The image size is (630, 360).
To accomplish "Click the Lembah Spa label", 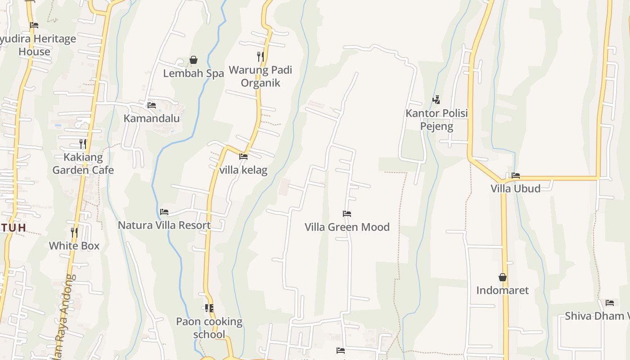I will (x=193, y=73).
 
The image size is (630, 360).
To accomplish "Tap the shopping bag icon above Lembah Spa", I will (x=193, y=60).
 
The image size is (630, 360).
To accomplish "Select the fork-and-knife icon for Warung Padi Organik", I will (x=260, y=56).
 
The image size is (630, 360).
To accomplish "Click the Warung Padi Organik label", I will (x=261, y=76).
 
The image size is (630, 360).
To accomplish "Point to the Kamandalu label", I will (x=152, y=118).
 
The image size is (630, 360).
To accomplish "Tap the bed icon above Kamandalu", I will (x=152, y=105).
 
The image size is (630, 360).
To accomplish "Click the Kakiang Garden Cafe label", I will (x=83, y=164).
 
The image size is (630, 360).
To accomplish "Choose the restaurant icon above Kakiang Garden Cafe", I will (x=83, y=144).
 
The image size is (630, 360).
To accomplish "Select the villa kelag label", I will (x=243, y=170).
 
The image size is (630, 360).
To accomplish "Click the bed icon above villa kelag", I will (x=243, y=157).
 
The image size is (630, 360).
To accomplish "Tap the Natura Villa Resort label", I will (x=164, y=225).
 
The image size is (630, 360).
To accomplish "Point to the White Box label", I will (x=74, y=246).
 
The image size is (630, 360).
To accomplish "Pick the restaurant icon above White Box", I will (x=74, y=232).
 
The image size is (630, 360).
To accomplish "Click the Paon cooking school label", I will (x=209, y=328).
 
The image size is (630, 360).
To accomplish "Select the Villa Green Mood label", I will (x=347, y=227).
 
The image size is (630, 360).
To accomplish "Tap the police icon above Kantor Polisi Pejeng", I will (x=436, y=99).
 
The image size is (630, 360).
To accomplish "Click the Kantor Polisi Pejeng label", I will (x=436, y=120).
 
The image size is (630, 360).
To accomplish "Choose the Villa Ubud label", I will (x=516, y=188).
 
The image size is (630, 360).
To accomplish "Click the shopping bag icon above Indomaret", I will (x=503, y=277).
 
